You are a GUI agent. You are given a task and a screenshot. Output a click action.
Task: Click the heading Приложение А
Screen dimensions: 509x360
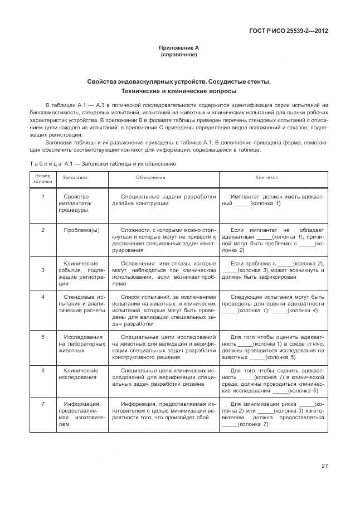click(178, 49)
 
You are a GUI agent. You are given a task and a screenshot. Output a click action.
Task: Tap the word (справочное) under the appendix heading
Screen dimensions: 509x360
click(178, 55)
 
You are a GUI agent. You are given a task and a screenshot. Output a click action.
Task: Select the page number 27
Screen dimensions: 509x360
click(324, 466)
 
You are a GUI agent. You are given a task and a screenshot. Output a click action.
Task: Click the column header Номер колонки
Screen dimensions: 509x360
click(42, 178)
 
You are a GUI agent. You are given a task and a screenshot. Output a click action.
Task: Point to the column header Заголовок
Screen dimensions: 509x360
click(75, 177)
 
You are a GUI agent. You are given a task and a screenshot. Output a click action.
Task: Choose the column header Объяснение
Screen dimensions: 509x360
click(150, 177)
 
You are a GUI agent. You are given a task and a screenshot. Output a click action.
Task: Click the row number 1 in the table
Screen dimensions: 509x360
click(42, 196)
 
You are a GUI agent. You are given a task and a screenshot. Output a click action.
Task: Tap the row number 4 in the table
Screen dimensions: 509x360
click(42, 296)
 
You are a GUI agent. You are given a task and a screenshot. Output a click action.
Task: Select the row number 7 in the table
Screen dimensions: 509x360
click(42, 404)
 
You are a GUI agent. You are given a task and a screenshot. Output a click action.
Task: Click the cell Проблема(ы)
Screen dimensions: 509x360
click(81, 229)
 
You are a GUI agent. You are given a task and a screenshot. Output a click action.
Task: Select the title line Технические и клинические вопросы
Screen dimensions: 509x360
click(178, 91)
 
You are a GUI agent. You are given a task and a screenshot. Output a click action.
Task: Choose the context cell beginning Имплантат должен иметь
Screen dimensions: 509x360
click(273, 200)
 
